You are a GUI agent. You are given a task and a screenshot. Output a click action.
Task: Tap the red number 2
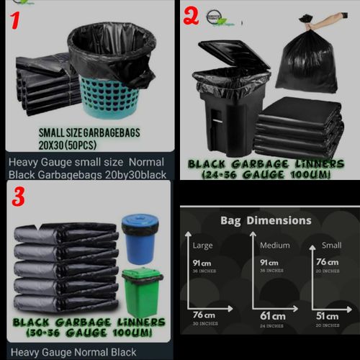[191, 15]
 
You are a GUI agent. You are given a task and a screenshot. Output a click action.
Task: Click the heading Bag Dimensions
[266, 220]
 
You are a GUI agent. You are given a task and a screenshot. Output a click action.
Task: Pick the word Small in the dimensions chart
[332, 245]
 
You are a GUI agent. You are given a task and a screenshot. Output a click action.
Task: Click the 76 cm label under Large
[205, 316]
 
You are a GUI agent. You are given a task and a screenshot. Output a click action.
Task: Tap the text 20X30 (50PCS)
[68, 143]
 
